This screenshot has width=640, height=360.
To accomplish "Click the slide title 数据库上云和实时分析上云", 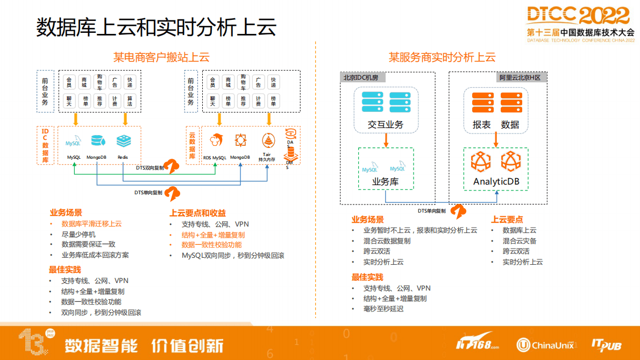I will [156, 27].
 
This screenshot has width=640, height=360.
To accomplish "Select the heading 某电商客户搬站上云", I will [161, 57].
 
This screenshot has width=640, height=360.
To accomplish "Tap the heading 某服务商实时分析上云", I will [442, 57].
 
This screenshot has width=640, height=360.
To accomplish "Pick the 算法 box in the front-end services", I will [130, 101].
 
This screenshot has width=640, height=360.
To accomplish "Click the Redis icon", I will [123, 141].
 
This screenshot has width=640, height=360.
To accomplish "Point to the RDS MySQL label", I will [215, 158].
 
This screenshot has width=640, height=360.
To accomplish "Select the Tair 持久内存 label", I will [267, 157].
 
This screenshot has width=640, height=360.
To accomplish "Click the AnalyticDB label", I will [496, 181].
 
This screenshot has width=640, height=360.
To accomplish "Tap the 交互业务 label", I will [385, 125].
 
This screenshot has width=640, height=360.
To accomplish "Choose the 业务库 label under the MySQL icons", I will [385, 181].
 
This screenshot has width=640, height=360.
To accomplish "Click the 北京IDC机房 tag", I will [361, 77].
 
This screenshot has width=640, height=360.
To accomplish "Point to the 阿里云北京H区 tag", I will [519, 77].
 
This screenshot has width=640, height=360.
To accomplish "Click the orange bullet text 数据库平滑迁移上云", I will [91, 224].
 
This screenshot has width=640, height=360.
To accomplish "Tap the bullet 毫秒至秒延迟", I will [383, 309].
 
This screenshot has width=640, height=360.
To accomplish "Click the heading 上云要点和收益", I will [197, 213].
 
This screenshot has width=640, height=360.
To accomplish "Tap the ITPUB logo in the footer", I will [606, 344].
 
